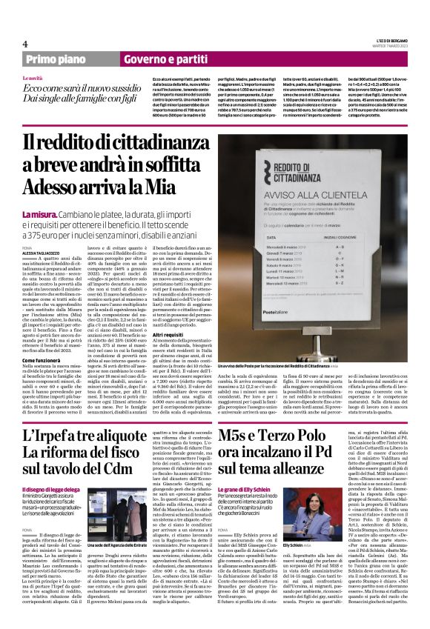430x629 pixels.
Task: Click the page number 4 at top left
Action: point(26,44)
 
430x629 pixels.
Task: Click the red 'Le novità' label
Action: point(33,78)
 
